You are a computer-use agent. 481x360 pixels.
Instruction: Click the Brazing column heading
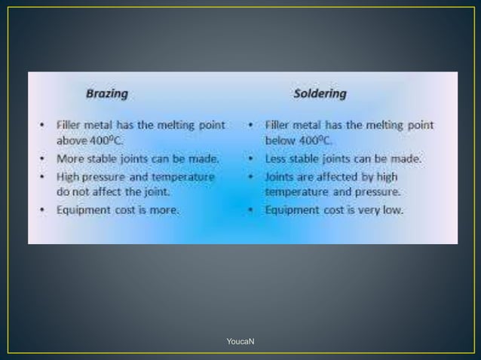pyautogui.click(x=106, y=95)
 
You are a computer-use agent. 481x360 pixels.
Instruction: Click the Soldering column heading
pyautogui.click(x=320, y=95)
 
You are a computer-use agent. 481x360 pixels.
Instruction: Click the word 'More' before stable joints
pyautogui.click(x=70, y=159)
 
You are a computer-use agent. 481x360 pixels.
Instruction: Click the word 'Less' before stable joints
pyautogui.click(x=276, y=159)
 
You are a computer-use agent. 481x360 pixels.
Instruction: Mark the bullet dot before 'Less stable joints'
pyautogui.click(x=250, y=160)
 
